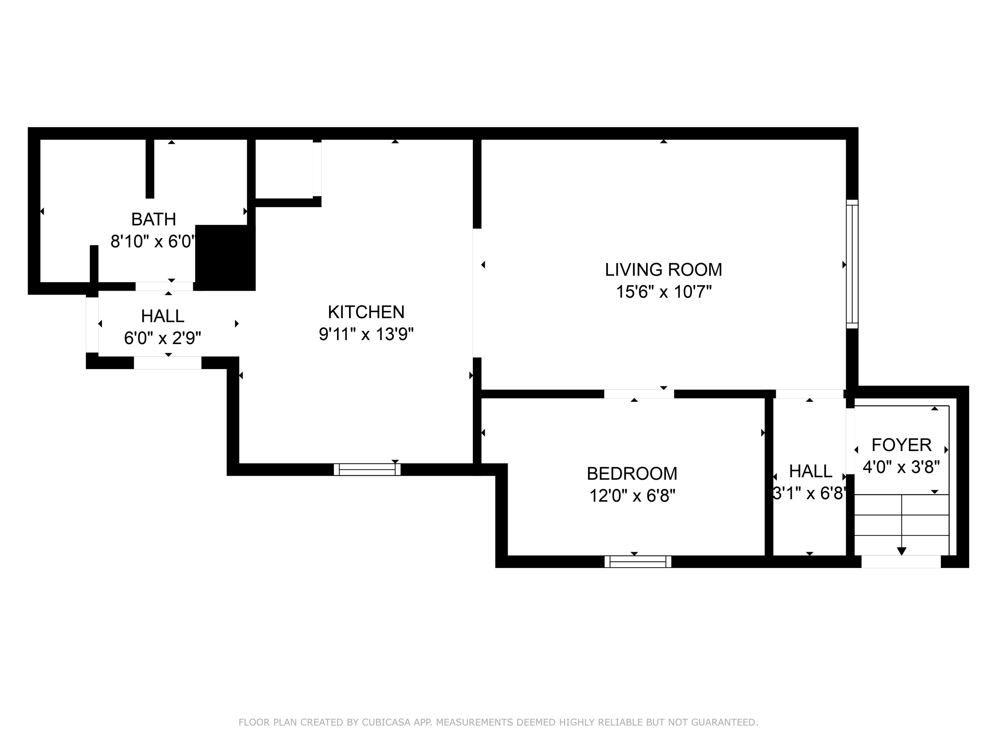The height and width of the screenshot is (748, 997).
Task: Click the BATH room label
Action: pyautogui.click(x=153, y=219)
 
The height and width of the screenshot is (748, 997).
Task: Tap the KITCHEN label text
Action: pyautogui.click(x=366, y=312)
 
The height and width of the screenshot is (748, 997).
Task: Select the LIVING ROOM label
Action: pyautogui.click(x=663, y=270)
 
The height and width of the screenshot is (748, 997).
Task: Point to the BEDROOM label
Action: pyautogui.click(x=632, y=474)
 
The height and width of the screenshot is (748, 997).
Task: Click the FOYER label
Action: pyautogui.click(x=901, y=445)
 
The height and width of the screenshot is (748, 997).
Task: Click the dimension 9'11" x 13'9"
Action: pyautogui.click(x=366, y=334)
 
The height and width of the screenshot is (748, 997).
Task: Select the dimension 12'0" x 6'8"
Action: pyautogui.click(x=632, y=496)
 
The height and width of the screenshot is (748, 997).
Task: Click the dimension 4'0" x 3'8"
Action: pyautogui.click(x=901, y=467)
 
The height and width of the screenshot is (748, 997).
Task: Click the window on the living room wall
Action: pyautogui.click(x=852, y=264)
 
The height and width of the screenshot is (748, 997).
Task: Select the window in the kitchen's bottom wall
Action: pyautogui.click(x=367, y=469)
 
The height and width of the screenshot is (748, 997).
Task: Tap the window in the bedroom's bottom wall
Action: pyautogui.click(x=638, y=561)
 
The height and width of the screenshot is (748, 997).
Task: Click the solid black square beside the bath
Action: pyautogui.click(x=225, y=258)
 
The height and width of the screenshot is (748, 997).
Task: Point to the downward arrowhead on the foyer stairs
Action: pyautogui.click(x=901, y=551)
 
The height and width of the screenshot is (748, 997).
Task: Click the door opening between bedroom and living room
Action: pyautogui.click(x=639, y=394)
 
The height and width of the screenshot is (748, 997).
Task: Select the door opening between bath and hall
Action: pyautogui.click(x=165, y=286)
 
